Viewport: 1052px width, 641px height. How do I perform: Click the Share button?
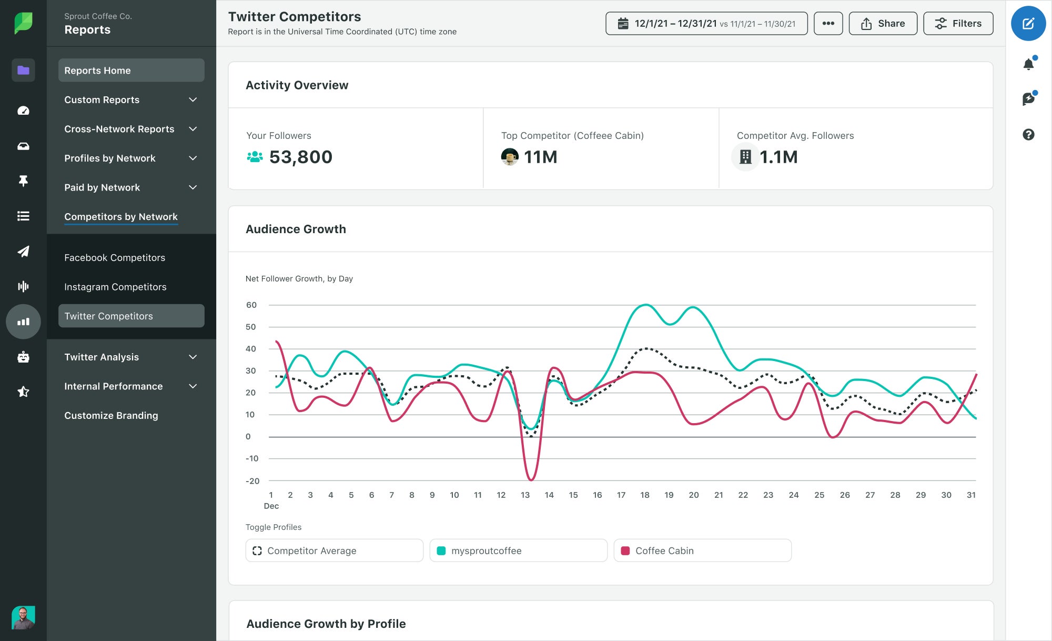(x=883, y=24)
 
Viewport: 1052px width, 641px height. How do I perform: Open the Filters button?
(x=958, y=24)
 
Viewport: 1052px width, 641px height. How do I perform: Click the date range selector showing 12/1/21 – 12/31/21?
(x=706, y=24)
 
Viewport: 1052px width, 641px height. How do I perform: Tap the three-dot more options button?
(x=828, y=24)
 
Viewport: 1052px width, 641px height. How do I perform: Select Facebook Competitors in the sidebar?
(x=115, y=258)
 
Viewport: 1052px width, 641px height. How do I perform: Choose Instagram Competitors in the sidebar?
(x=115, y=287)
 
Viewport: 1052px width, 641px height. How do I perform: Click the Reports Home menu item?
(x=131, y=71)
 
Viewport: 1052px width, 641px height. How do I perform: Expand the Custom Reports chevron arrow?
(x=193, y=100)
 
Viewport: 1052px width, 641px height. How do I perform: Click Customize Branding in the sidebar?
(x=111, y=416)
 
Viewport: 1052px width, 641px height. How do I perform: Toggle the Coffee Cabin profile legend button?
(x=702, y=550)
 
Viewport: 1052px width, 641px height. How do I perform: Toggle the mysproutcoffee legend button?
(x=518, y=550)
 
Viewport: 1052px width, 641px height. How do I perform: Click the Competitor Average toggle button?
(x=334, y=550)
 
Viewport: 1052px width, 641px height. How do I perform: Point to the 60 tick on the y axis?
(x=251, y=305)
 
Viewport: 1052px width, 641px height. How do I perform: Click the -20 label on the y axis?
(x=252, y=481)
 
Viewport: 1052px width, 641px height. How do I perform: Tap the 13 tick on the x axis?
(x=525, y=495)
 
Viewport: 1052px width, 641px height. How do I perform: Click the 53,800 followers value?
(x=300, y=157)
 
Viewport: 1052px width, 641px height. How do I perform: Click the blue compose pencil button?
(x=1028, y=24)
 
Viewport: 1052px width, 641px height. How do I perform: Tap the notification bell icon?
(x=1028, y=64)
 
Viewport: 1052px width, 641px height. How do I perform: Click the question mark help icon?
(x=1028, y=135)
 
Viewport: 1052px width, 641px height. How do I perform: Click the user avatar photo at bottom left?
(x=23, y=617)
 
